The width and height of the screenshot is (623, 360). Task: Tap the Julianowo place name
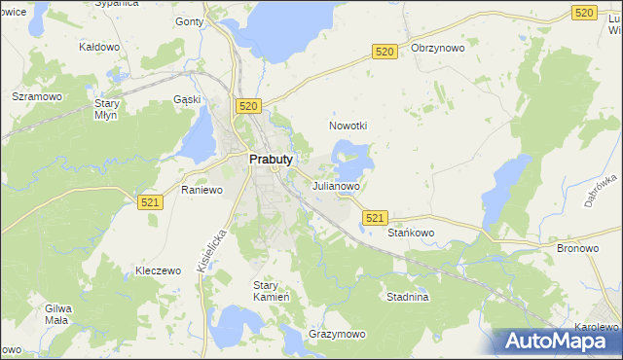[337, 185]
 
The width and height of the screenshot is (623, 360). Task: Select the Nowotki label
[348, 126]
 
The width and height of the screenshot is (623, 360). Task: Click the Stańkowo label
[411, 234]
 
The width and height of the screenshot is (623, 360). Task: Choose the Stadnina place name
[407, 298]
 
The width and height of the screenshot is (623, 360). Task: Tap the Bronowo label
[577, 248]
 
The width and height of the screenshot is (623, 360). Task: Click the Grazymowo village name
[337, 334]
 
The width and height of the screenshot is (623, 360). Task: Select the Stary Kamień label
[267, 291]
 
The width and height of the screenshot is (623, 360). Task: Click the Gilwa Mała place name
[59, 313]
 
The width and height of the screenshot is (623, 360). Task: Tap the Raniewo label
[202, 191]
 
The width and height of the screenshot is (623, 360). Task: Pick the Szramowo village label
[37, 97]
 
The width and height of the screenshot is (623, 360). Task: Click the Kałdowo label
[98, 47]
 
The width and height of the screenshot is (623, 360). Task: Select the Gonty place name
[188, 20]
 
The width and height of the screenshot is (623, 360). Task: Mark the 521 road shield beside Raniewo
[149, 201]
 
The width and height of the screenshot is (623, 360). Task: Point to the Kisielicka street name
[211, 250]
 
